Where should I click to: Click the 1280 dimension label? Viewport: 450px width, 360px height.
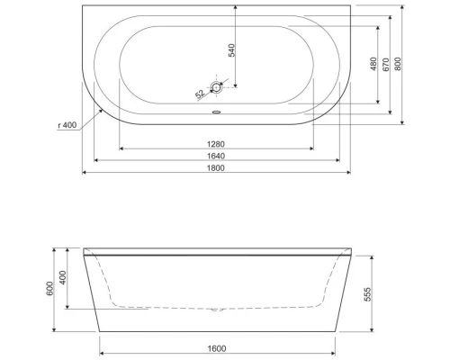point(216,142)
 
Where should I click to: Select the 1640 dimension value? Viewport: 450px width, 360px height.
point(216,155)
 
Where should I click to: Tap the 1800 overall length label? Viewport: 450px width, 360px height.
point(216,167)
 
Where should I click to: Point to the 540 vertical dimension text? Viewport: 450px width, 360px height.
point(232,49)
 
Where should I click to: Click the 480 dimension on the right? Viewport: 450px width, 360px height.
point(373,65)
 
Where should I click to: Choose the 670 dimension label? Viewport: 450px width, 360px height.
point(385,65)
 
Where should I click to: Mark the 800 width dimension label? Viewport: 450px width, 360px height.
point(398,65)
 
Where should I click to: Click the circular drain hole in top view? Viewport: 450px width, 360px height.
point(216,87)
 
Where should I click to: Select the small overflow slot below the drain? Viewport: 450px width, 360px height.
point(216,113)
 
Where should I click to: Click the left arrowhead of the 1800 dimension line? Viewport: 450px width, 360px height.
point(85,174)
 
